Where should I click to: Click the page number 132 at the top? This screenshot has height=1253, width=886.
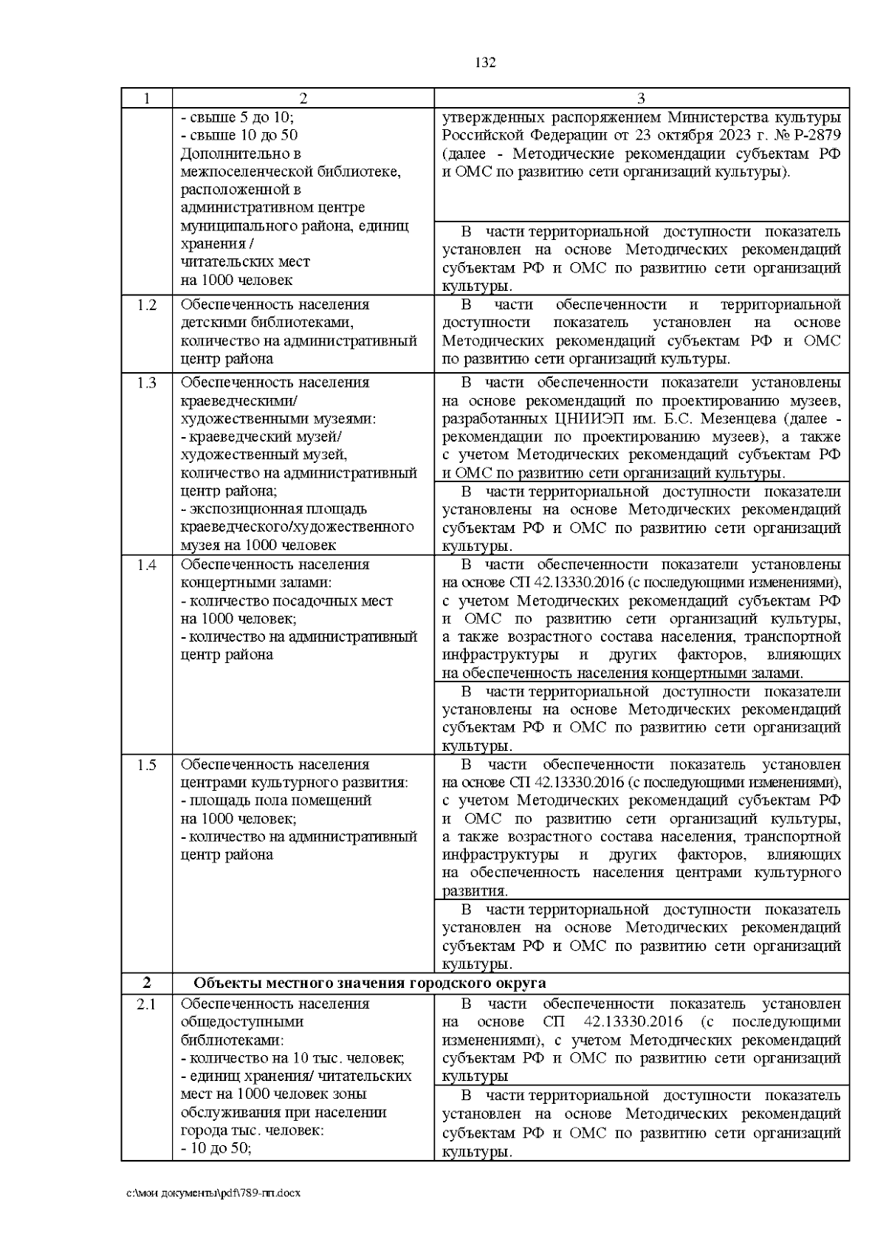485,63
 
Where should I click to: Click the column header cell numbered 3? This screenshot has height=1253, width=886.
641,98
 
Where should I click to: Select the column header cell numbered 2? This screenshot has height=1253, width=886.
303,98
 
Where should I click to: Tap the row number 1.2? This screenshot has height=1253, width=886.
147,305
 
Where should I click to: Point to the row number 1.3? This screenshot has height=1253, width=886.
147,382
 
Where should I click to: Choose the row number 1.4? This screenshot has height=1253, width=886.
147,565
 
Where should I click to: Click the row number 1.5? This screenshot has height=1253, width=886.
147,765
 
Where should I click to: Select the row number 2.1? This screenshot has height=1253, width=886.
147,1004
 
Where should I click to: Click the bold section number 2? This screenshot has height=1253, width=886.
147,983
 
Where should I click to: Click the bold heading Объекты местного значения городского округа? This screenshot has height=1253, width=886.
369,983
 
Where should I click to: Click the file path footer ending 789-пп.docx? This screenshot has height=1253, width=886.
214,1193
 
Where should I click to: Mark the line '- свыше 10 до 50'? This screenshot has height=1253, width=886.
239,136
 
